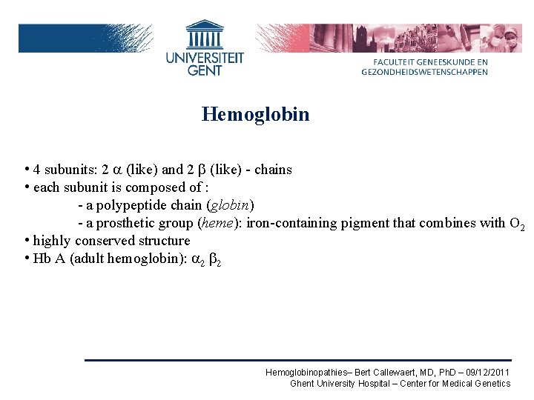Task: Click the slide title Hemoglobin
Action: tap(255, 115)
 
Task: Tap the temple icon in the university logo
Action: tap(204, 35)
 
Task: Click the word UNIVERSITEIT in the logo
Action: tap(205, 57)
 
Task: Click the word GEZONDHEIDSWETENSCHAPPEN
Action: tap(425, 72)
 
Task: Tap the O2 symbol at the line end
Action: tap(517, 224)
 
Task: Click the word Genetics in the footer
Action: tap(493, 383)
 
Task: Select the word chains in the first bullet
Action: tap(274, 170)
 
